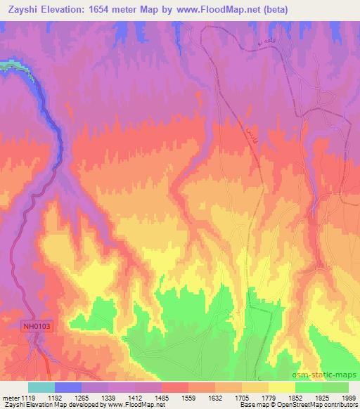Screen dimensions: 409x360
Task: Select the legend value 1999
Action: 349,398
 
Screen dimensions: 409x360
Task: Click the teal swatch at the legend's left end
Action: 41,387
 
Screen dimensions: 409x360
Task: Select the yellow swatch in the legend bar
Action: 282,387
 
